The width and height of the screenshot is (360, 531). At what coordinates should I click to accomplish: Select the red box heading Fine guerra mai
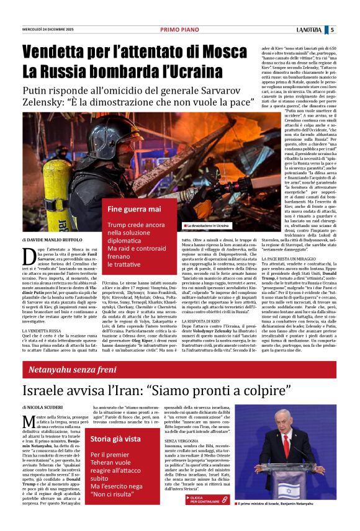[134, 209]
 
